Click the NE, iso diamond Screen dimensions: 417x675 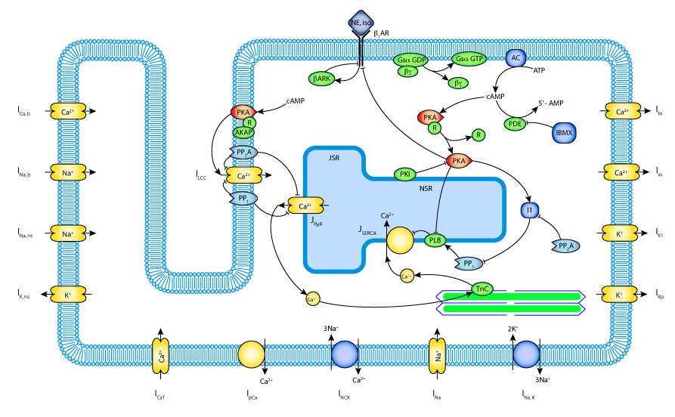[x=361, y=23]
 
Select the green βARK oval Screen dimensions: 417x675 [x=321, y=79]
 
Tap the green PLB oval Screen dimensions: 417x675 [x=435, y=240]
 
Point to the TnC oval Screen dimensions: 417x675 [x=481, y=289]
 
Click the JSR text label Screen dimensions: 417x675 [x=334, y=158]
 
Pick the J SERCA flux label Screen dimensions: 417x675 [x=367, y=230]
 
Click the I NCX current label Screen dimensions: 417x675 [x=344, y=394]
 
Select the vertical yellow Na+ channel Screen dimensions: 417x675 [x=438, y=355]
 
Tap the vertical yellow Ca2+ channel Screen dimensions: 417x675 [x=160, y=356]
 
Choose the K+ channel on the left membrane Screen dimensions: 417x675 [x=68, y=295]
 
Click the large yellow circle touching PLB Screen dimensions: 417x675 [x=400, y=240]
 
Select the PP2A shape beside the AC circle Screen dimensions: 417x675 [x=566, y=246]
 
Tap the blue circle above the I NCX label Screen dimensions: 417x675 [x=345, y=354]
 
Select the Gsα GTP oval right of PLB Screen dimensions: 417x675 [x=469, y=252]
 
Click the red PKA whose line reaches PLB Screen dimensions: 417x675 [x=458, y=161]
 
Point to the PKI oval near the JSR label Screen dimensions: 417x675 [x=405, y=175]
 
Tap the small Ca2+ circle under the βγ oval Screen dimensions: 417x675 [x=407, y=276]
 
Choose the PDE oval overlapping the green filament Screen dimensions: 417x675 [x=515, y=317]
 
